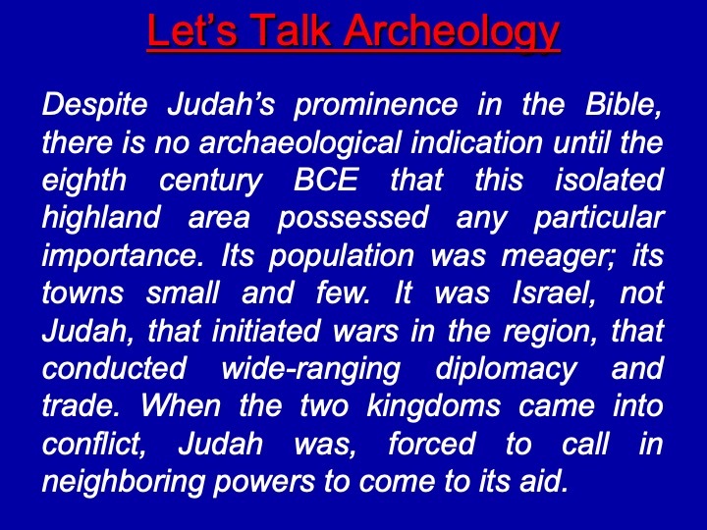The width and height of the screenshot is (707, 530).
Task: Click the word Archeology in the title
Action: click(453, 31)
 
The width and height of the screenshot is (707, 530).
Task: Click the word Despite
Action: click(94, 105)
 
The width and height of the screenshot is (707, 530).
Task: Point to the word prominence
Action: click(375, 105)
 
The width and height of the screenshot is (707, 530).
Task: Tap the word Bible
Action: click(625, 105)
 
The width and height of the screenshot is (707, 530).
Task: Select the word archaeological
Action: click(299, 143)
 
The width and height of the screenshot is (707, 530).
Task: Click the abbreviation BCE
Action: click(326, 180)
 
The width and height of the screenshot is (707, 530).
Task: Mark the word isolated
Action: click(609, 180)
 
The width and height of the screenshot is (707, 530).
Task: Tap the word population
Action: click(342, 256)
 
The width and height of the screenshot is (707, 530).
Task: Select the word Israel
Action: click(554, 292)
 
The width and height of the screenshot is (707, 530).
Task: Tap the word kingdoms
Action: click(434, 406)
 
